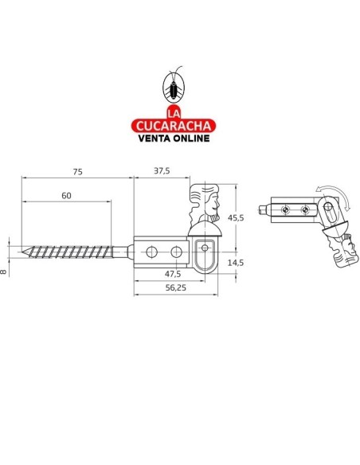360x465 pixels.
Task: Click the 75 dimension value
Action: click(76, 171)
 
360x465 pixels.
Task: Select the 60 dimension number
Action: click(65, 196)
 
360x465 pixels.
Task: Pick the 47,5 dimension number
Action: click(172, 273)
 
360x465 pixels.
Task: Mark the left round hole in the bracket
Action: click(151, 252)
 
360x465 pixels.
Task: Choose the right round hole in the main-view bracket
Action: click(175, 252)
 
